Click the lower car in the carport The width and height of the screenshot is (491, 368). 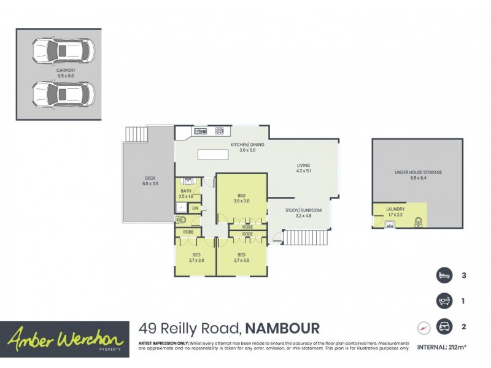point(62,93)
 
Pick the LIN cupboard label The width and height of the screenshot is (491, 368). point(195,209)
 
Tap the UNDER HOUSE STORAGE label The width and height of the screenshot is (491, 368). point(418,173)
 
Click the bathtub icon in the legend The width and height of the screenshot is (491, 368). point(444,301)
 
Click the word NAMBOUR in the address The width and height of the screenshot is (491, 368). point(284,328)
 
